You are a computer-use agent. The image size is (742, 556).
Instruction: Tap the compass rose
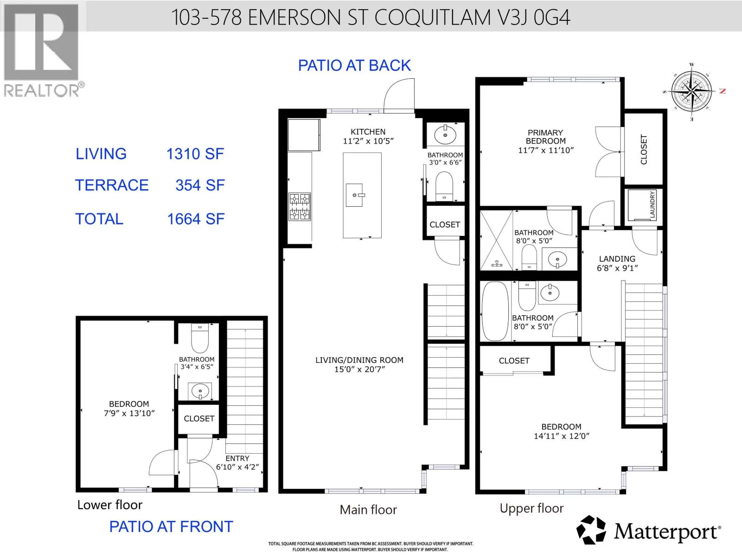point(691,91)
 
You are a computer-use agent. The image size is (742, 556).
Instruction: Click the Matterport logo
point(648,531)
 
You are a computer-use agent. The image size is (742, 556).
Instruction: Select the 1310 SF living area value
point(195,154)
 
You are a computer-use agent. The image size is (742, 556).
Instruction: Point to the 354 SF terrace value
point(200,185)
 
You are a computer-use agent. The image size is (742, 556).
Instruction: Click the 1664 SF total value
point(196,219)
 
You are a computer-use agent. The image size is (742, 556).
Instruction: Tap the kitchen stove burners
point(300,207)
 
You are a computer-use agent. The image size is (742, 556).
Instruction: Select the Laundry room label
point(652,205)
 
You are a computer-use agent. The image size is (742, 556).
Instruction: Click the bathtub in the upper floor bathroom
point(495,311)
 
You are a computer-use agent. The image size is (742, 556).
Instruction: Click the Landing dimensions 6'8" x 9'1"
point(617,268)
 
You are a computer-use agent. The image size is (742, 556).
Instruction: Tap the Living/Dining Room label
point(359,360)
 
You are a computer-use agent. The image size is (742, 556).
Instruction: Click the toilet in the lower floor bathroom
point(200,338)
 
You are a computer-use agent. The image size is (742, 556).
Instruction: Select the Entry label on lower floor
point(237,458)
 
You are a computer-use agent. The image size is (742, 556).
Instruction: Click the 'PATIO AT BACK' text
point(354,65)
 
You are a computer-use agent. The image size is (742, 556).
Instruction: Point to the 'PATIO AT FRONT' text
point(171,527)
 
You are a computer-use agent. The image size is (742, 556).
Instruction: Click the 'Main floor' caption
point(368,510)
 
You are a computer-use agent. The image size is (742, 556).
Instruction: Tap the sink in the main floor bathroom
point(445,135)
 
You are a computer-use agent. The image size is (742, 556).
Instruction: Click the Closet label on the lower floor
point(199,418)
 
